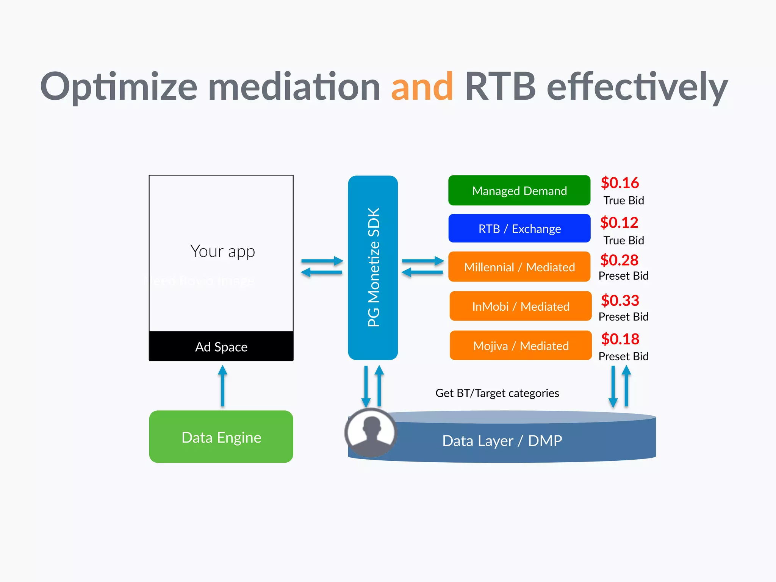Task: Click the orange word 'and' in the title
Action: click(422, 87)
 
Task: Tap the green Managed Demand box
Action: click(519, 191)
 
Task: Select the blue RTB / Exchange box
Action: click(519, 228)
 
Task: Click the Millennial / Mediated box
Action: click(519, 267)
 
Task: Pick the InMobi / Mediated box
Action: click(520, 306)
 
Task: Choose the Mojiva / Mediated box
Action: click(520, 346)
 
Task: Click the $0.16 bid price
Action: click(620, 183)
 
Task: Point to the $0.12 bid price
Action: click(619, 222)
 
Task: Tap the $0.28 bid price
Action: click(619, 260)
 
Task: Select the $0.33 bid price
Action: click(620, 300)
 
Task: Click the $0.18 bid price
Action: click(620, 339)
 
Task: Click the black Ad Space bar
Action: click(221, 346)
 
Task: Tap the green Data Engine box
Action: click(221, 437)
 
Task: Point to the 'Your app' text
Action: click(222, 251)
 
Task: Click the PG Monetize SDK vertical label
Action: click(374, 267)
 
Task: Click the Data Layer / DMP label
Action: click(502, 441)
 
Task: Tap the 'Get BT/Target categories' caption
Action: click(497, 393)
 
